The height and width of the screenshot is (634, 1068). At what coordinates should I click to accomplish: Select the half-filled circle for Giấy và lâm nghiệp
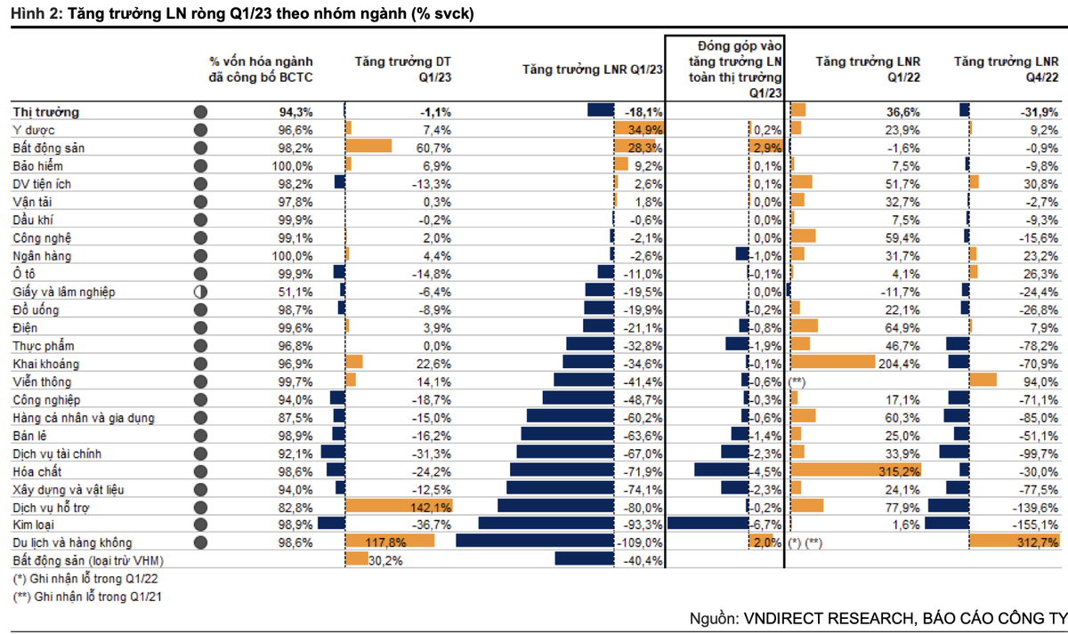click(200, 292)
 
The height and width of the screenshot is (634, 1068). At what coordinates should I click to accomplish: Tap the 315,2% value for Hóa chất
click(901, 470)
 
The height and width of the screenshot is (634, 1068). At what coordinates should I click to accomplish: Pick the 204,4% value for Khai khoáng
click(901, 364)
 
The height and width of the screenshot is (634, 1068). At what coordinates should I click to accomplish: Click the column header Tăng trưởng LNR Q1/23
click(592, 69)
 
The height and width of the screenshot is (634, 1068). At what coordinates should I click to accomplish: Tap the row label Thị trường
click(46, 112)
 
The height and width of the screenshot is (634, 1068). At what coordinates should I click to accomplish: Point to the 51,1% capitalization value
click(295, 292)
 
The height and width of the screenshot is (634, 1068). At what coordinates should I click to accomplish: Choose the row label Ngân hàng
click(43, 256)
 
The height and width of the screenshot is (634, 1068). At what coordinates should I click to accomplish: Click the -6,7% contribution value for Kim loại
click(767, 525)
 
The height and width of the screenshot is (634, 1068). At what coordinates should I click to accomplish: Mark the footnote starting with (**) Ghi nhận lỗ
click(87, 598)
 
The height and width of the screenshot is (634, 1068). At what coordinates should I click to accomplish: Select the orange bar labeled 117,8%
click(389, 542)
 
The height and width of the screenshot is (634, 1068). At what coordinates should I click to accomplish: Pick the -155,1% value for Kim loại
click(1038, 525)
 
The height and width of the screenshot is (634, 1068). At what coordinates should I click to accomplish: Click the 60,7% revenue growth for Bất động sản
click(433, 148)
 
